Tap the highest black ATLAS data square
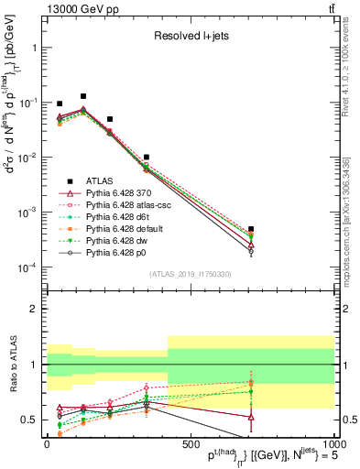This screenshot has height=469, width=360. pyautogui.click(x=83, y=96)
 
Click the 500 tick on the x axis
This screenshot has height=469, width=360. pyautogui.click(x=191, y=443)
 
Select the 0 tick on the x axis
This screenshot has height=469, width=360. pyautogui.click(x=46, y=443)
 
